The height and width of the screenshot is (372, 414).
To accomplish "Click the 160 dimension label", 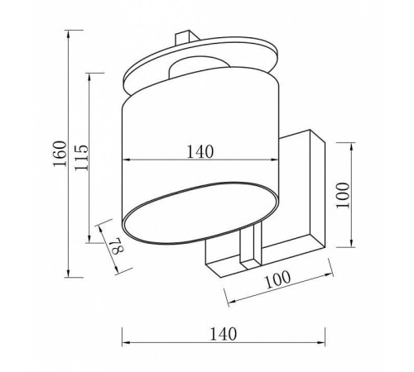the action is (60, 154).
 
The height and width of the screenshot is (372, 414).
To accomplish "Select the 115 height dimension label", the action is (82, 157).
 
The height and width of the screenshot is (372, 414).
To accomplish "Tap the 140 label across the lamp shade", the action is (200, 151).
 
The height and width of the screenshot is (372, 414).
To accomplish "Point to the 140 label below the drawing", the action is (224, 334).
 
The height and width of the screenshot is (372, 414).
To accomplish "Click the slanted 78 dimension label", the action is (116, 246).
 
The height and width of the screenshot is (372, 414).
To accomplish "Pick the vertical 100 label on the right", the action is (343, 195).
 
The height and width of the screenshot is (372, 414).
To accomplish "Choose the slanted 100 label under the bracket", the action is (277, 279).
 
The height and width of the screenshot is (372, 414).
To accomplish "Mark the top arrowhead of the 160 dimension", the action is (68, 34).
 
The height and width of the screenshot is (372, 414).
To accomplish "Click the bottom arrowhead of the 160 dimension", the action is (68, 274).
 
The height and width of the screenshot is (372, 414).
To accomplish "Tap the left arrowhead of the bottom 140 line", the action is (126, 343).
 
